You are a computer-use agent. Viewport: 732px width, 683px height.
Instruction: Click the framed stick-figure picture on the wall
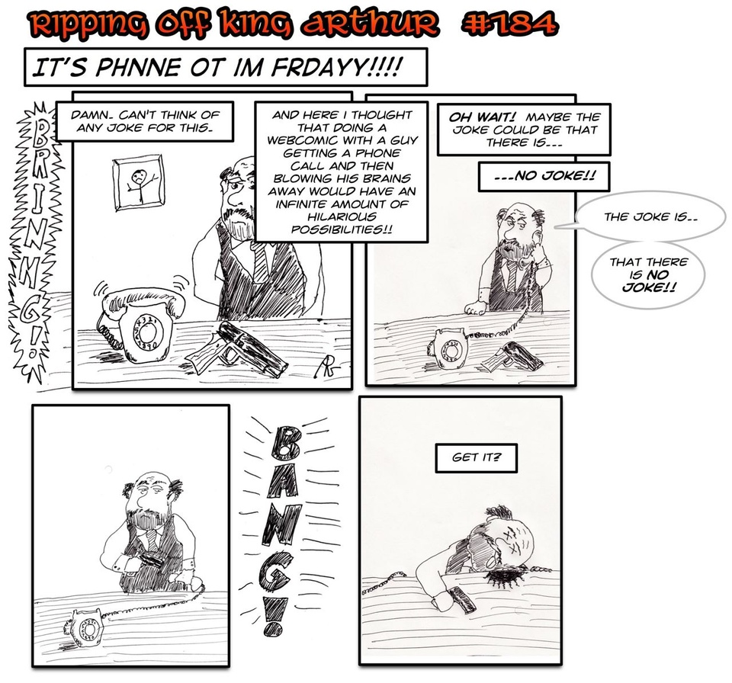[x=139, y=183]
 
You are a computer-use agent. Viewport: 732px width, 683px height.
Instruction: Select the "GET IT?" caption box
[x=476, y=458]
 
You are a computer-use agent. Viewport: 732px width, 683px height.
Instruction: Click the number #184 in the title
[x=509, y=24]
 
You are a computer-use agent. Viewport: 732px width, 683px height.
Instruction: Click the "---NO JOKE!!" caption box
[x=544, y=177]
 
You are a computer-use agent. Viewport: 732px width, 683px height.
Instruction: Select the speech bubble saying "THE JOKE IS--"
[x=650, y=217]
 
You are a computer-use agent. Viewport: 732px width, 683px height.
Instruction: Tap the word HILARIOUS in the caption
[x=342, y=216]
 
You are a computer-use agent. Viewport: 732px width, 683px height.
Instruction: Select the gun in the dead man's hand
[x=462, y=599]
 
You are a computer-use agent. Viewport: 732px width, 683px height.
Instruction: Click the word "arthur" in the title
[x=369, y=24]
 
